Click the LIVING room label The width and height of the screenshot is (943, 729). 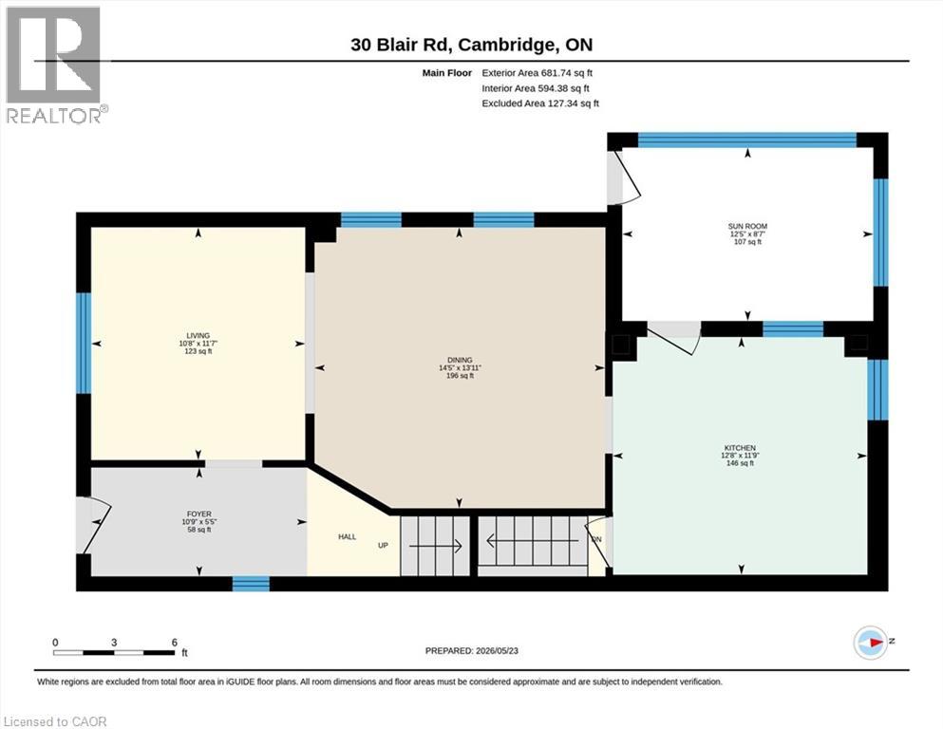click(198, 335)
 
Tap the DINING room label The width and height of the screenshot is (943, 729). click(460, 360)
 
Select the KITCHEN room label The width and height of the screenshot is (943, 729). click(740, 448)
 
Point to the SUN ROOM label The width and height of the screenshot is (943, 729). click(747, 226)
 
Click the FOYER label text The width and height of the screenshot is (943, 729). click(199, 514)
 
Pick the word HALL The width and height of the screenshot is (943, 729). click(347, 536)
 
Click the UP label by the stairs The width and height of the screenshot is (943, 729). click(383, 545)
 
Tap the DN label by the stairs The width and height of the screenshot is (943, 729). click(596, 539)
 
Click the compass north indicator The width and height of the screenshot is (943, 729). click(871, 643)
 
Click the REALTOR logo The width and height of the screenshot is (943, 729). click(55, 65)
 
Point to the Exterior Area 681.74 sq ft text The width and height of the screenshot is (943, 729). click(538, 73)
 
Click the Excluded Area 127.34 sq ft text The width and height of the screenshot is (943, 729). click(540, 103)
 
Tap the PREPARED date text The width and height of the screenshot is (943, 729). click(471, 650)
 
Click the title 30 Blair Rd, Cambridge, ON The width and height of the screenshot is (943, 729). click(471, 45)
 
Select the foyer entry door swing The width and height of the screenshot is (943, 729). click(94, 526)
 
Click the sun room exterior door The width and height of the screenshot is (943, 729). click(624, 177)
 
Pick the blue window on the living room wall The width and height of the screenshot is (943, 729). click(84, 344)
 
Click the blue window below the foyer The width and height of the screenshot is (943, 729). click(251, 583)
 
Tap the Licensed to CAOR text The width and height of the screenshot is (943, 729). click(55, 721)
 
